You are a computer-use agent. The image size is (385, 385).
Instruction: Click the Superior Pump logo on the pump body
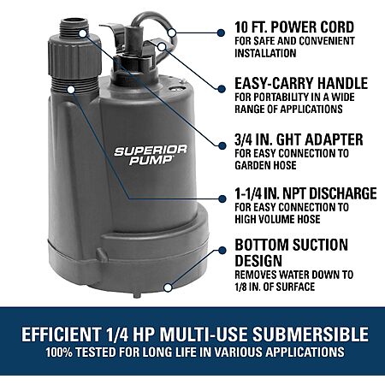151,155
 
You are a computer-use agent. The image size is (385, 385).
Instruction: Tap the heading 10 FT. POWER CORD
294,27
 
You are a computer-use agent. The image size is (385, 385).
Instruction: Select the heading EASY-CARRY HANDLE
301,83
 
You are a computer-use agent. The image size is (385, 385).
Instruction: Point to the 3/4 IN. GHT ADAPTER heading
299,139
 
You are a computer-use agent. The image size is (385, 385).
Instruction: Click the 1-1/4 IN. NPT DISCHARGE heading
305,193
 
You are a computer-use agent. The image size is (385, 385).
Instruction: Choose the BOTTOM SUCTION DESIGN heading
291,252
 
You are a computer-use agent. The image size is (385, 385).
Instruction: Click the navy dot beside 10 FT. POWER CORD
221,33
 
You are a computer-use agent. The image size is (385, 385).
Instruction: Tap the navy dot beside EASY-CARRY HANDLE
222,89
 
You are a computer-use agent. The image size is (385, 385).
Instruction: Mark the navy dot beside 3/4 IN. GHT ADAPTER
222,145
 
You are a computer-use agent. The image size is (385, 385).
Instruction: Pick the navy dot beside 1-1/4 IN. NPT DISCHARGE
222,198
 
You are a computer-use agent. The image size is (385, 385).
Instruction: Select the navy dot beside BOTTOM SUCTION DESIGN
222,251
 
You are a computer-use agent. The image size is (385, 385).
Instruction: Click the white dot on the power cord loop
172,33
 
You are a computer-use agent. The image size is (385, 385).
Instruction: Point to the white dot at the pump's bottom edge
169,287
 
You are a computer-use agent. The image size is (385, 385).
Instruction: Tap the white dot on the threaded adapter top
82,33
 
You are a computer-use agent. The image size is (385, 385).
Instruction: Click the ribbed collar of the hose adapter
74,60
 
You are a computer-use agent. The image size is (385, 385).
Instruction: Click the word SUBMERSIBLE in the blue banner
311,334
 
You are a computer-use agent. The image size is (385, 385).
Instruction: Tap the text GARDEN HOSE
265,165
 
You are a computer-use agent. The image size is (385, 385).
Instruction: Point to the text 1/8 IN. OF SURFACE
275,287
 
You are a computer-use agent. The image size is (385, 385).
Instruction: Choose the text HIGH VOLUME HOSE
277,219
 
